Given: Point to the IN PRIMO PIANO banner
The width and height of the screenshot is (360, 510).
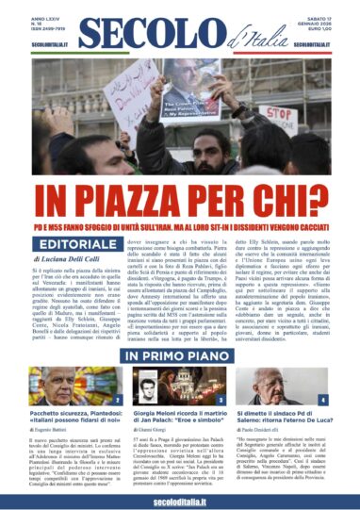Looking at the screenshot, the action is click(x=179, y=355).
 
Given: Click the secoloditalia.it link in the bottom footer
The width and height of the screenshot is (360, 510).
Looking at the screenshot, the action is click(x=179, y=498).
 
